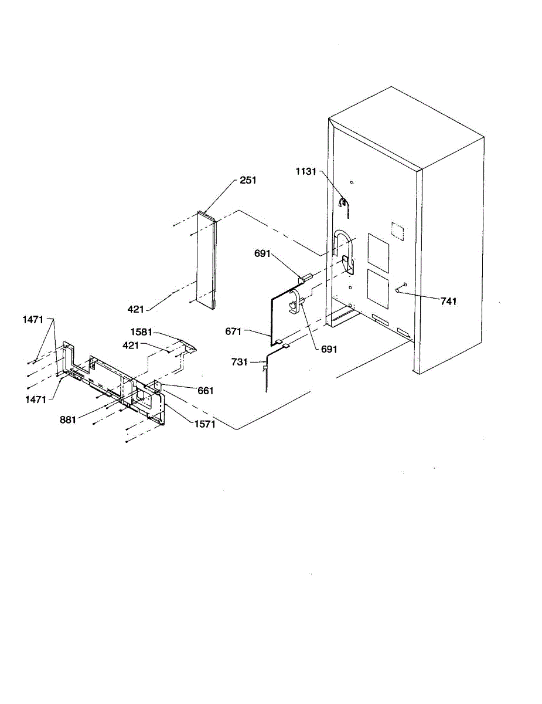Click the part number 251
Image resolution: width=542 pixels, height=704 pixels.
coord(248,181)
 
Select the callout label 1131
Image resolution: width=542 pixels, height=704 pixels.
coord(306,171)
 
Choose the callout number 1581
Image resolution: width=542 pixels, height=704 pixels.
coord(141,332)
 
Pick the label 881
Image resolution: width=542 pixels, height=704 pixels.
coord(68,419)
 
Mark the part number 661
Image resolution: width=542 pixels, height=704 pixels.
coord(205,391)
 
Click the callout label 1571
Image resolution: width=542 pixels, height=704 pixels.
coord(205,424)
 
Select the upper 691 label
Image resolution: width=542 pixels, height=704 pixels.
coord(262,253)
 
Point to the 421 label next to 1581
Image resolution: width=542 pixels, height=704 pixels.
coord(131,346)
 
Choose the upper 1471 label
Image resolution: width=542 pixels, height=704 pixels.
coord(33,320)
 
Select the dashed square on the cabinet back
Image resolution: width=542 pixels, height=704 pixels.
coord(397,231)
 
